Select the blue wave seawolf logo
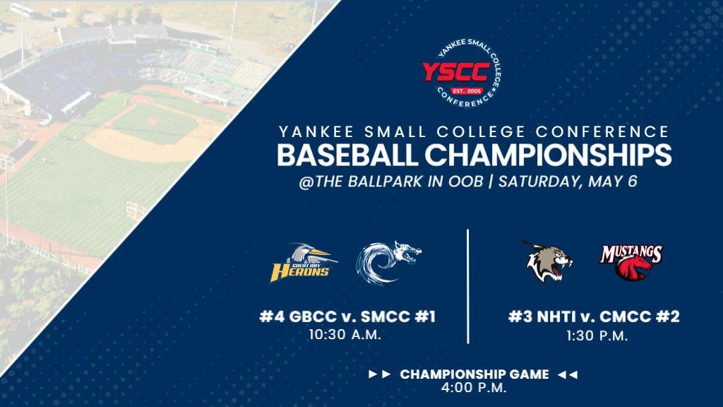[389, 263]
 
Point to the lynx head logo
[547, 262]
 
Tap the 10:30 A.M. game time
[345, 334]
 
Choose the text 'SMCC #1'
[403, 317]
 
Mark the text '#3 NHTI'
[540, 317]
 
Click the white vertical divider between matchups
[468, 285]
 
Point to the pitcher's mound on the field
[153, 122]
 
